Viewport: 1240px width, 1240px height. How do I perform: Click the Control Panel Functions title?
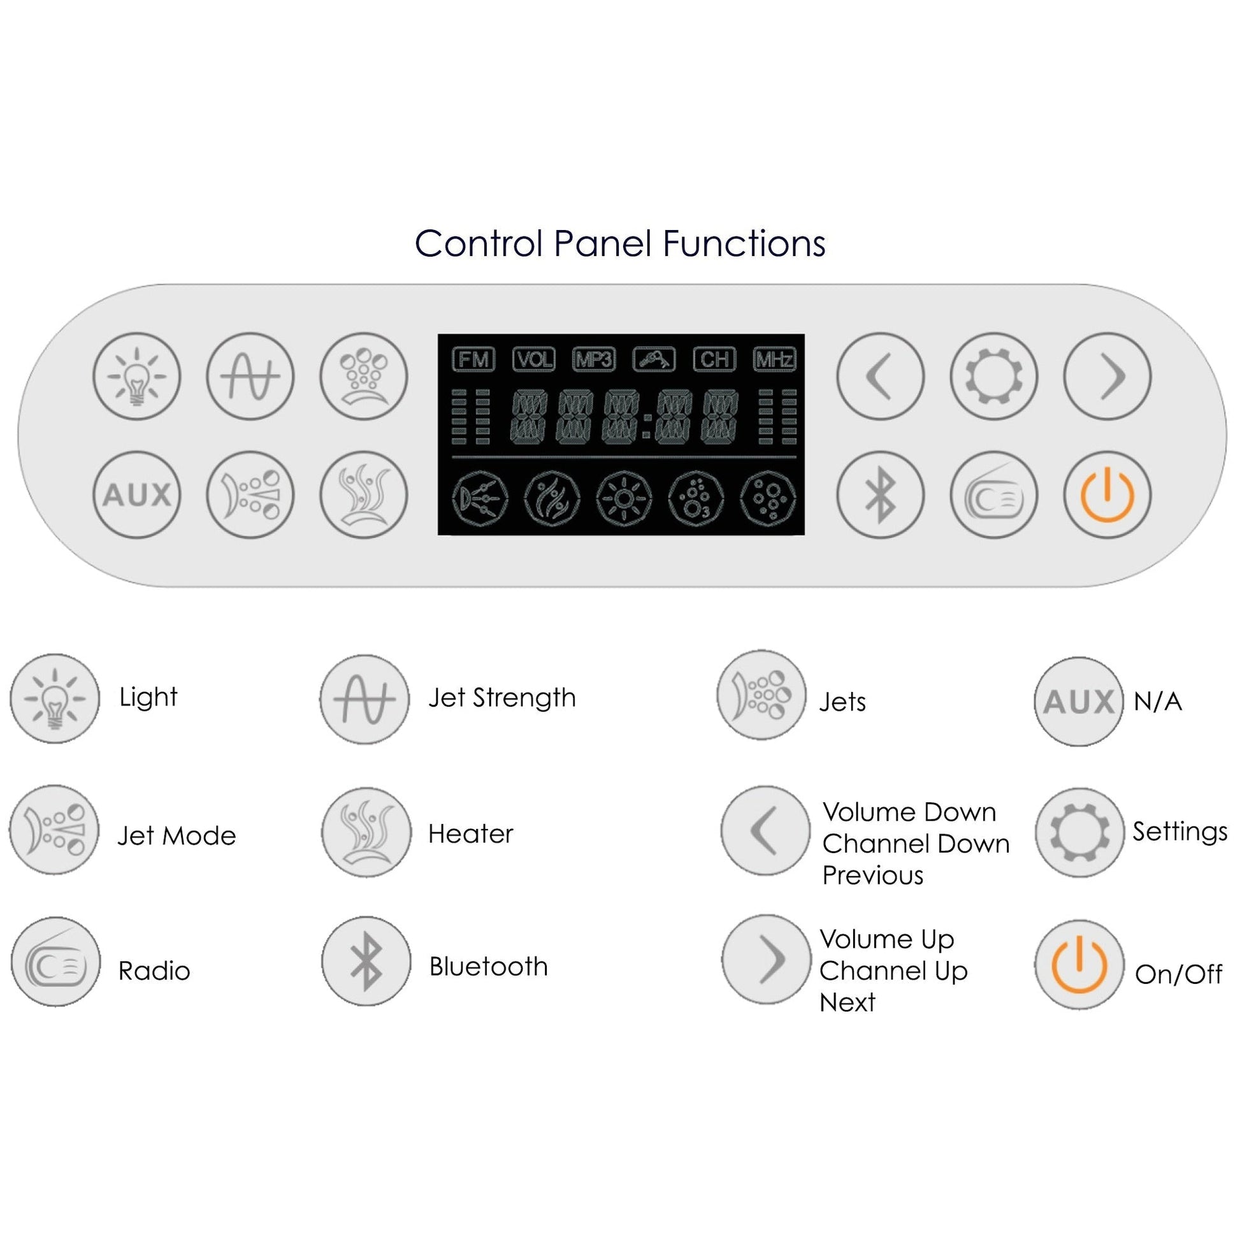[619, 244]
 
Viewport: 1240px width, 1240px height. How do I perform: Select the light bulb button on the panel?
[137, 376]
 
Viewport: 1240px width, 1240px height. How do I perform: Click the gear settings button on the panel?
[993, 376]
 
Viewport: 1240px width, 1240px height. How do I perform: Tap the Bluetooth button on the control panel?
[880, 495]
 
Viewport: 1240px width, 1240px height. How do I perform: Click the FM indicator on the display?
[473, 359]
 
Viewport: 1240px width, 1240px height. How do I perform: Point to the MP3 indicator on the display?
[594, 359]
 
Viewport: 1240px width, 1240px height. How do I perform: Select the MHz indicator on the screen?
[774, 359]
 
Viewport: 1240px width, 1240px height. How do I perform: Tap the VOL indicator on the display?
[533, 359]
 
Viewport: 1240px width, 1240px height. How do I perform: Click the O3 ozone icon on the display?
[696, 498]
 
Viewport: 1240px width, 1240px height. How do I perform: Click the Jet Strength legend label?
[502, 698]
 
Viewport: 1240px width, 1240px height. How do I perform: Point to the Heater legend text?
[470, 833]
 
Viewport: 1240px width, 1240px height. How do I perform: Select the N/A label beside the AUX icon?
[1157, 702]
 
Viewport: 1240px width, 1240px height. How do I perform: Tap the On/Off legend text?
[1178, 974]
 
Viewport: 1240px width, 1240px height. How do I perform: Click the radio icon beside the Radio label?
[56, 962]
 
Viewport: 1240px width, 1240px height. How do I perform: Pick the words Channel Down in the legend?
[916, 844]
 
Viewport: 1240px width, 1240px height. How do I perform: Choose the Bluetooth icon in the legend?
[366, 961]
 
